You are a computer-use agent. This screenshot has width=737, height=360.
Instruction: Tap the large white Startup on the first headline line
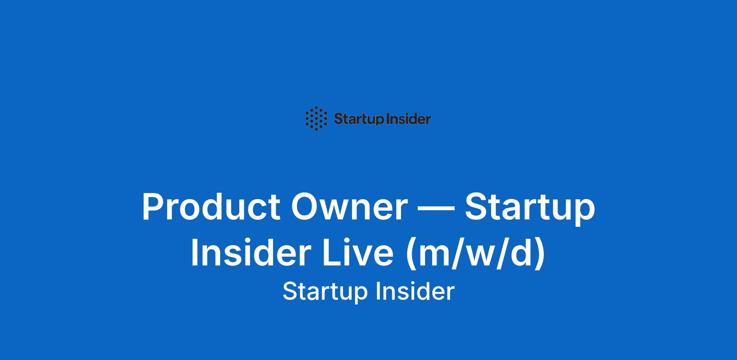(530, 209)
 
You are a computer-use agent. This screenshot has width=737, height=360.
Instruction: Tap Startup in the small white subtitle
(325, 291)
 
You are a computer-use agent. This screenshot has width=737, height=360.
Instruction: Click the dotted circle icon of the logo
(316, 118)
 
